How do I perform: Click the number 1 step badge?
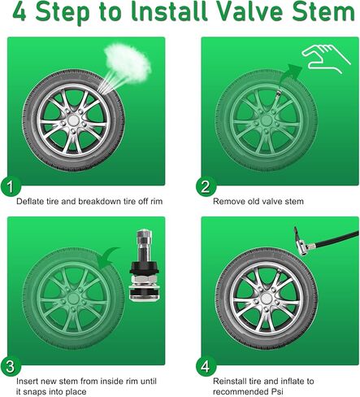pyautogui.click(x=11, y=186)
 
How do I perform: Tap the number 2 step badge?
pyautogui.click(x=206, y=186)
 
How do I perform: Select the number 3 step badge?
pyautogui.click(x=11, y=366)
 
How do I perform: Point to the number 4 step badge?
pyautogui.click(x=206, y=366)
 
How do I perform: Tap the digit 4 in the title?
pyautogui.click(x=20, y=12)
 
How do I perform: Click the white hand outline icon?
pyautogui.click(x=326, y=59)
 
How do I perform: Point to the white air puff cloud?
pyautogui.click(x=128, y=63)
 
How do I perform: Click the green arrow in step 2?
pyautogui.click(x=290, y=73)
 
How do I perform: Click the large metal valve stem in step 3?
pyautogui.click(x=144, y=265)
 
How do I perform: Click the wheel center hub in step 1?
pyautogui.click(x=73, y=120)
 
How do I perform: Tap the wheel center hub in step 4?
pyautogui.click(x=267, y=299)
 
